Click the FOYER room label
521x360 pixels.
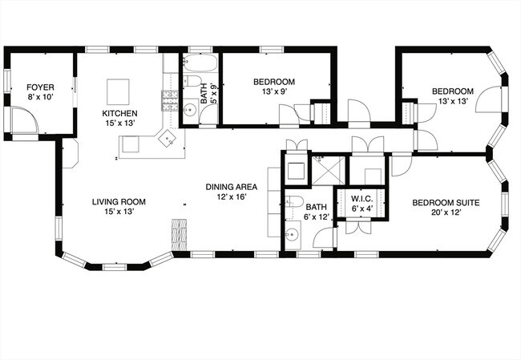[40, 87]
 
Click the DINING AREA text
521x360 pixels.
[231, 186]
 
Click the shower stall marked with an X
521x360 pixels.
[330, 169]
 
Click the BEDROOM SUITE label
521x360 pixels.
[446, 203]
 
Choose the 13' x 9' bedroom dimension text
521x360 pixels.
[274, 91]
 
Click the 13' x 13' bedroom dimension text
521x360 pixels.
[453, 101]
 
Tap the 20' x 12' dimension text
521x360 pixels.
[446, 213]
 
